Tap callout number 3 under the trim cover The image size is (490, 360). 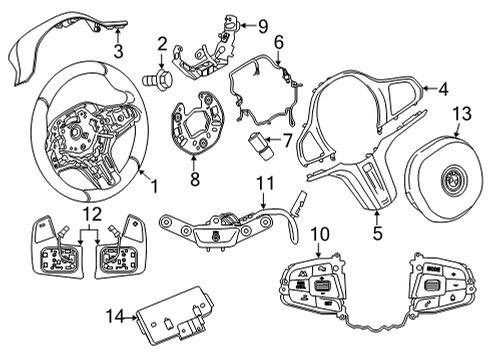click(117, 51)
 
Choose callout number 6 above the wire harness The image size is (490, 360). click(278, 42)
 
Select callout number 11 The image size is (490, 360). click(263, 183)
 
